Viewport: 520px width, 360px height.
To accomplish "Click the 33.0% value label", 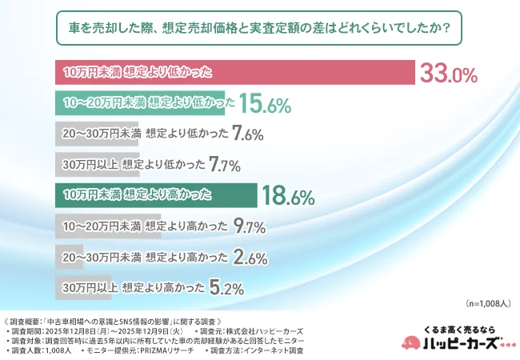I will pyautogui.click(x=448, y=74).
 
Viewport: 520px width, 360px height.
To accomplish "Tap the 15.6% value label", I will pyautogui.click(x=264, y=104).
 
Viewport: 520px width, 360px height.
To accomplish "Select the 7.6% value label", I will pyautogui.click(x=246, y=134).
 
